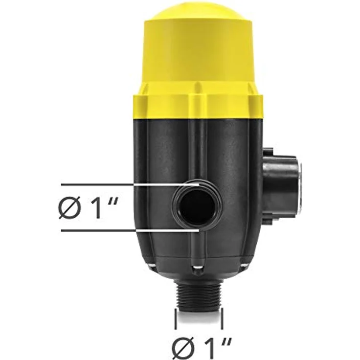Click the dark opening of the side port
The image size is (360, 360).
click(x=198, y=207)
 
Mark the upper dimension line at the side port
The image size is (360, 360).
click(x=130, y=184)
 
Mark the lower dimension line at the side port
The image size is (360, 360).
click(x=130, y=230)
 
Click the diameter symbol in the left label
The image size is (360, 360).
click(x=70, y=208)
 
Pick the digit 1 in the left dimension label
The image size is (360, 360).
click(x=94, y=208)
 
